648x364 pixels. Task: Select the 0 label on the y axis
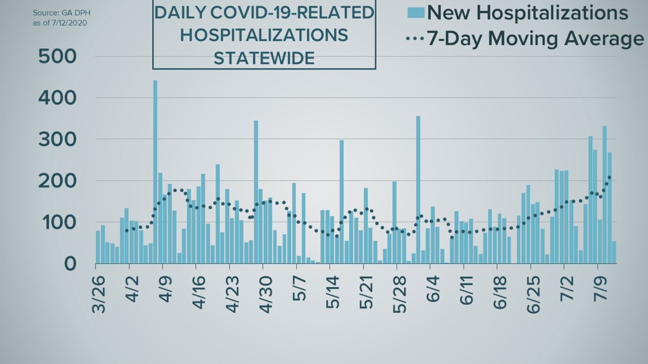click(69, 264)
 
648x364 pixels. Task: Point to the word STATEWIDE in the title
click(264, 58)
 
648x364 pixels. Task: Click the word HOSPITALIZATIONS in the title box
click(264, 35)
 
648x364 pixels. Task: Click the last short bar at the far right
click(614, 253)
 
